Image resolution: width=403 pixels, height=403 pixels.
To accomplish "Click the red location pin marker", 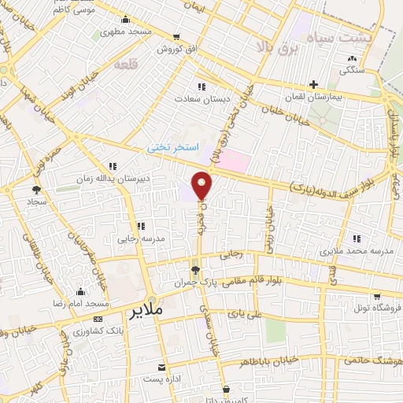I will [x=202, y=186].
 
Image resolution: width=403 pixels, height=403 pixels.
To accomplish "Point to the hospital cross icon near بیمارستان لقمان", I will [x=313, y=83].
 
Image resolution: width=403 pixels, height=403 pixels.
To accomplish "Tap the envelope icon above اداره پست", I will [x=161, y=368].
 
